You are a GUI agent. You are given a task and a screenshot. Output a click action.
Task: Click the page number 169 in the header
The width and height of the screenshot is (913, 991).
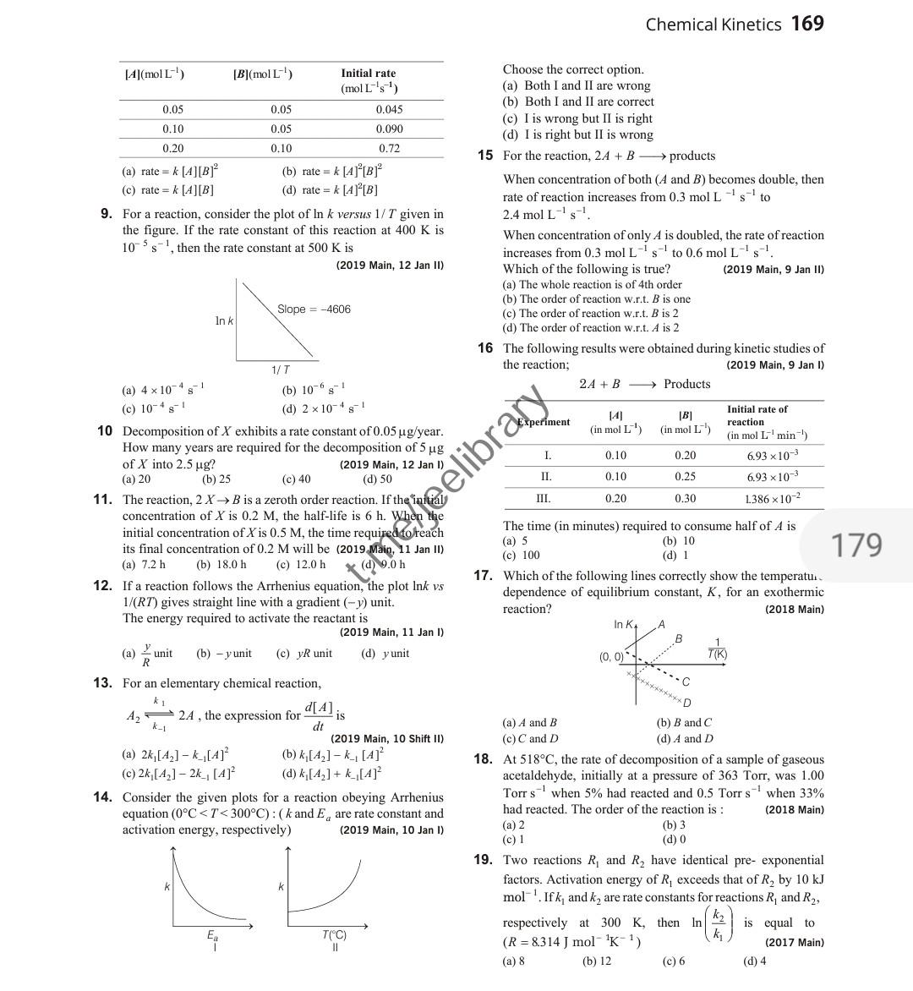pos(807,24)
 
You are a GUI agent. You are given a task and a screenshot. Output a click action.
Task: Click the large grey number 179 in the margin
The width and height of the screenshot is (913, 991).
pos(857,545)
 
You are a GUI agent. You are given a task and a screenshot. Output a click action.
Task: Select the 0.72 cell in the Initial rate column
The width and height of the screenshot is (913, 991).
pos(389,148)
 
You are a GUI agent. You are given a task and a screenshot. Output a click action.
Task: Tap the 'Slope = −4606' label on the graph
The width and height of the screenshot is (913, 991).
pos(314,309)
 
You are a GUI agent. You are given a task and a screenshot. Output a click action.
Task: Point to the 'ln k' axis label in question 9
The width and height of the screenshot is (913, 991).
pos(224,321)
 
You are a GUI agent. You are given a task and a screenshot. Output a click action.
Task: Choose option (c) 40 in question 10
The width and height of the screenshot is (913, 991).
pos(296,479)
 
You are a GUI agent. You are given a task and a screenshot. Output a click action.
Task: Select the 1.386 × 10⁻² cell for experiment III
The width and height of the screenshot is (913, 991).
pos(772,499)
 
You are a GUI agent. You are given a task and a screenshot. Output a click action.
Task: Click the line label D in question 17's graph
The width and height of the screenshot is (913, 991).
pos(686,703)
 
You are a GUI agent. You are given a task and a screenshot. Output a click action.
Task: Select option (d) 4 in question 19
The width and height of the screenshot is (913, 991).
pos(754,961)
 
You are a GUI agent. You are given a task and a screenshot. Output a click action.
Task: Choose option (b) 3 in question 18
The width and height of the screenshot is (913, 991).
pos(674,824)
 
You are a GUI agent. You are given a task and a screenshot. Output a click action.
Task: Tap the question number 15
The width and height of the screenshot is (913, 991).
pos(484,156)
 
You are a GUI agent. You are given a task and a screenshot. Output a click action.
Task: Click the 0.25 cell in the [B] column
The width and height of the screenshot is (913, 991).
pos(685,477)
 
